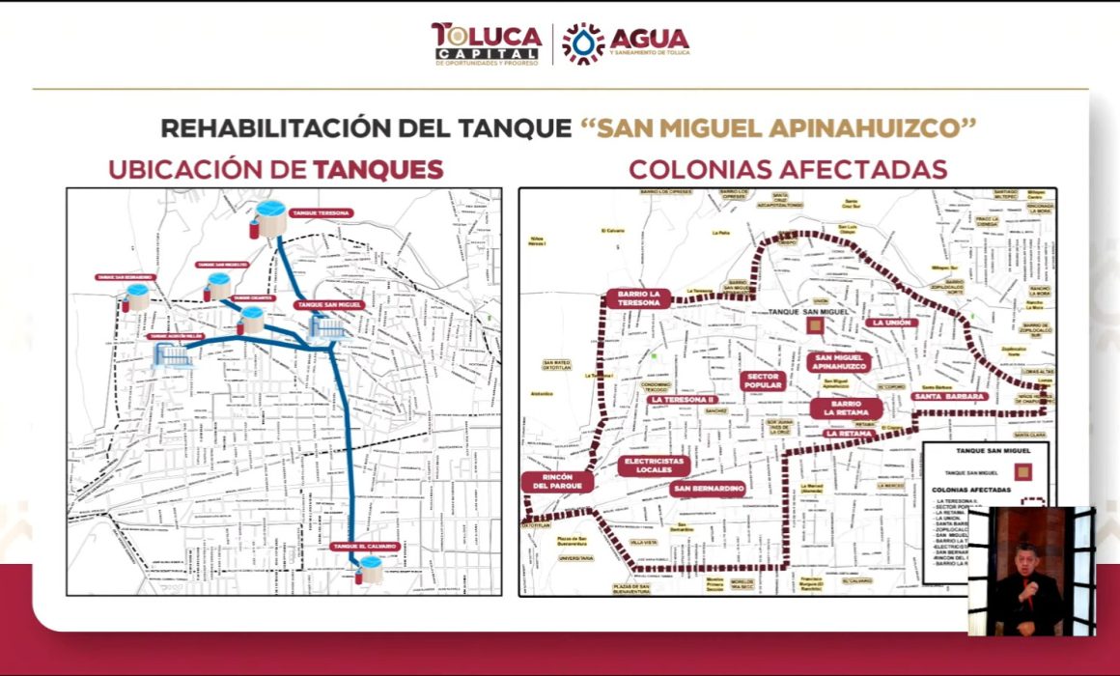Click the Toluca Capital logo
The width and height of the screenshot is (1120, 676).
coord(486,43)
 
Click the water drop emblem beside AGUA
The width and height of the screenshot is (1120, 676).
coord(582,43)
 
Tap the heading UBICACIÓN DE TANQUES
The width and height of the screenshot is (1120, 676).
coord(276,170)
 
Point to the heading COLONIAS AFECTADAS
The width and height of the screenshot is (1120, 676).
coord(787,170)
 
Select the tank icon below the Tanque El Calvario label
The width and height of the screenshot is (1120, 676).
coord(369,569)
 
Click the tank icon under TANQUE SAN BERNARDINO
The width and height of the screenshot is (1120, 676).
coord(136,296)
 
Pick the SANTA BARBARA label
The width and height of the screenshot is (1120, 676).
coord(949,396)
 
